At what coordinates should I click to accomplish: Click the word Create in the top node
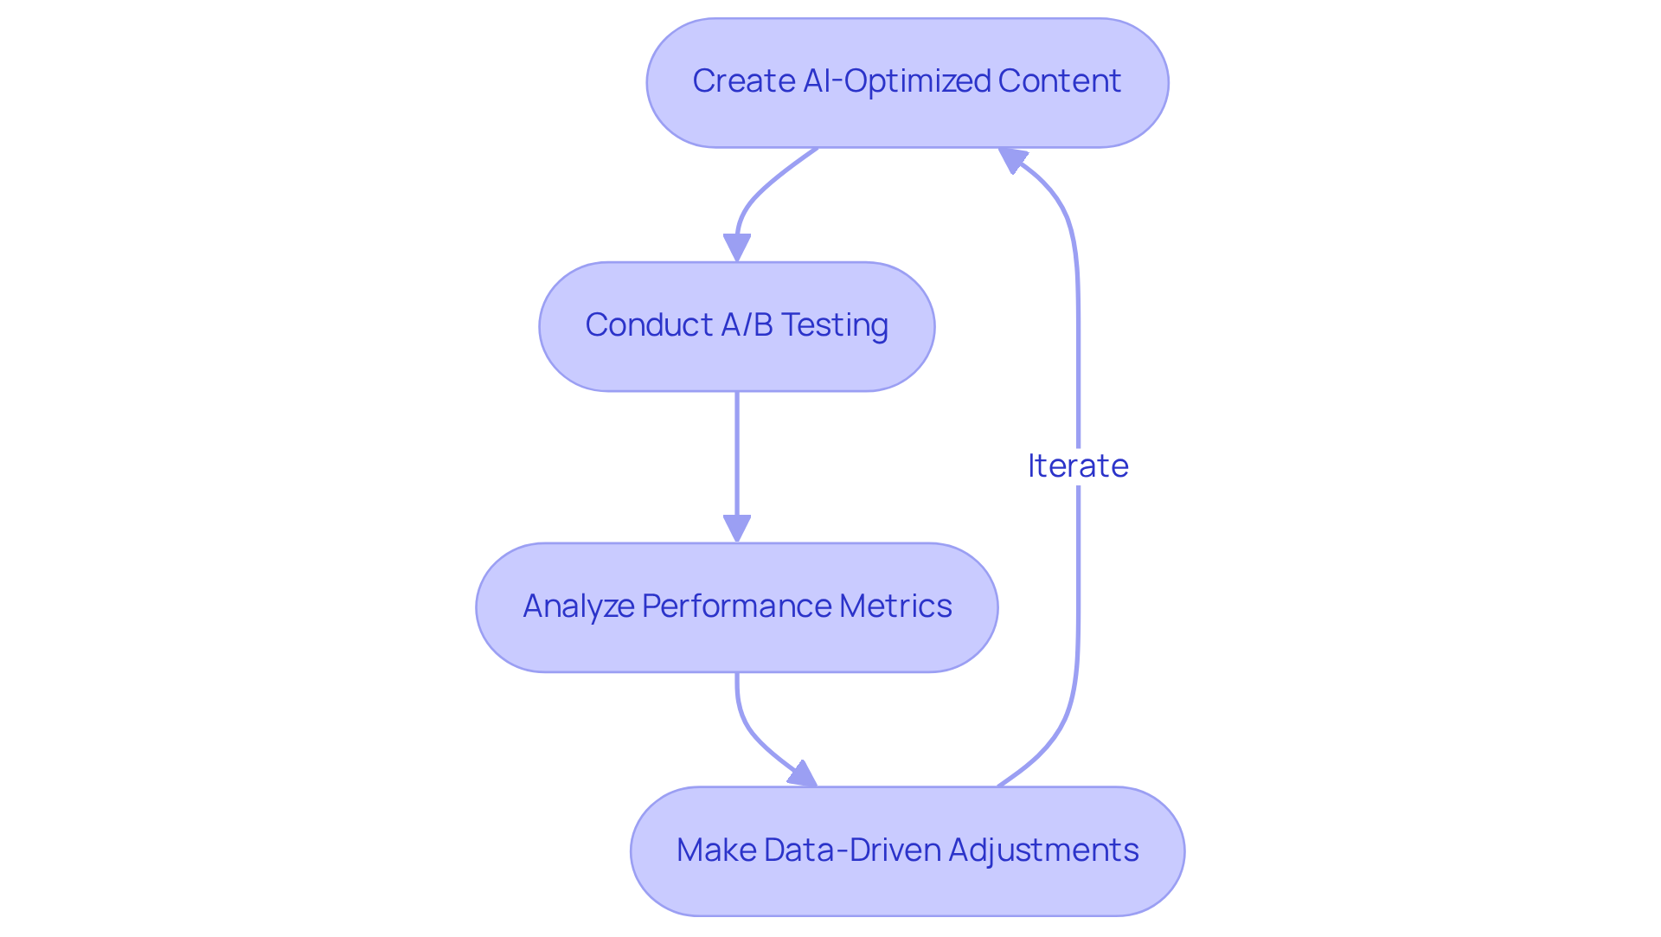[743, 81]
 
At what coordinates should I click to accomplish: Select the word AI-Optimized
[896, 81]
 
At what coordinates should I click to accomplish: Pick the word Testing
[834, 325]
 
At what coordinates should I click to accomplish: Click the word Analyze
[578, 606]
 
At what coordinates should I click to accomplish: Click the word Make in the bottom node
[715, 850]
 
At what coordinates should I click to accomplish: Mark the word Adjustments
[1043, 850]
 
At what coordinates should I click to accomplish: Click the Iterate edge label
[1078, 466]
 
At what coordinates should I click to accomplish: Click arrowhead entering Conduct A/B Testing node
[736, 248]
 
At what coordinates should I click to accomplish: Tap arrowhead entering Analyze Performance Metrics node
[736, 529]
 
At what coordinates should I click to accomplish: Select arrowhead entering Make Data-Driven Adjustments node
[803, 775]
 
